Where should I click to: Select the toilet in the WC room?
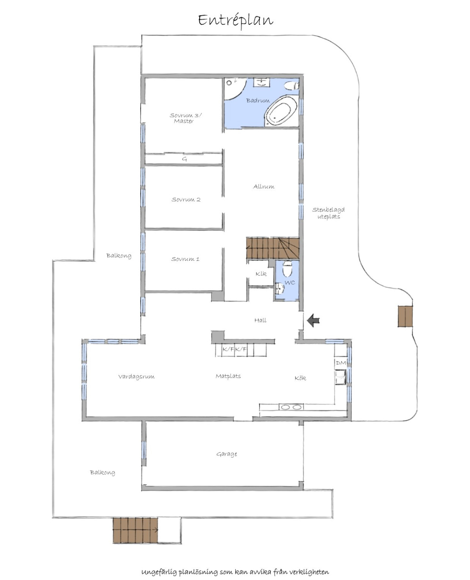coord(287,268)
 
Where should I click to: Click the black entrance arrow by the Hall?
coord(313,320)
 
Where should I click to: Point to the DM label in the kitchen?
coord(341,363)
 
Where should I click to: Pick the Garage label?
coord(226,454)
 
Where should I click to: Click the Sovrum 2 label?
coord(186,200)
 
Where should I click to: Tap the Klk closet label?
coord(261,274)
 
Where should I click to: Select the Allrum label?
coord(264,186)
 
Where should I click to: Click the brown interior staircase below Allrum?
coord(273,248)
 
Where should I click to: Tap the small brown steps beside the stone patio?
coord(405,316)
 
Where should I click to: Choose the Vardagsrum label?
coord(136,377)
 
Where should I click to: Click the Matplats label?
coord(228,376)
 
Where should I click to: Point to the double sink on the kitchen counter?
coord(291,407)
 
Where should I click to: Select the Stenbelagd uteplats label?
coord(328,213)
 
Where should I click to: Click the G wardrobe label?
coord(184,159)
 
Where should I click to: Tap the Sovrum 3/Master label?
coord(185,118)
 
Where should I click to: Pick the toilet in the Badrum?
coord(292,85)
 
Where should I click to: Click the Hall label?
coord(260,320)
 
